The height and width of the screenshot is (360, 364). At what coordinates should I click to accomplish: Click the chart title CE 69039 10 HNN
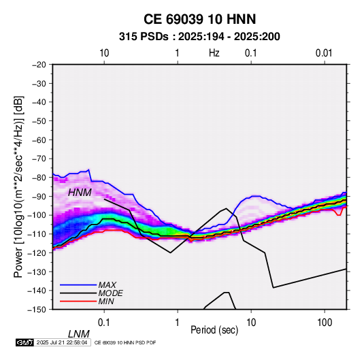point(199,19)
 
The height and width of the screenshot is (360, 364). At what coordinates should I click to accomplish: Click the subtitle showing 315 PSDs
point(199,37)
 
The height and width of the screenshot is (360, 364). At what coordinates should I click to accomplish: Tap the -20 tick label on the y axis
point(39,65)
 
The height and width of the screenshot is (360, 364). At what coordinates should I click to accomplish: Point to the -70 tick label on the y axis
point(39,159)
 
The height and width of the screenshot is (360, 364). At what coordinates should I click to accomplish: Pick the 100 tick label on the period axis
point(325,323)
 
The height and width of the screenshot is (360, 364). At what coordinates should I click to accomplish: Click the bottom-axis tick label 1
point(178,323)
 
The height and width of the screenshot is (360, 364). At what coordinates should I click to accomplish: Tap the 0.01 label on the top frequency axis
point(324,53)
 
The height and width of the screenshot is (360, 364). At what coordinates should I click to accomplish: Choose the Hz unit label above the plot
point(214,53)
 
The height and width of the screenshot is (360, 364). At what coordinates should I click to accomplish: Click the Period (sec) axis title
point(214,330)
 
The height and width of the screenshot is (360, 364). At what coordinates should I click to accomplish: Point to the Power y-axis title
point(18,187)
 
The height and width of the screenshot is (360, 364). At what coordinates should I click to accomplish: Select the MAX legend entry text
point(107,284)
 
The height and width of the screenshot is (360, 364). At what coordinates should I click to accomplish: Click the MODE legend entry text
point(110,293)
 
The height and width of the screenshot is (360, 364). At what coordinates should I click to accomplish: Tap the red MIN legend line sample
point(78,301)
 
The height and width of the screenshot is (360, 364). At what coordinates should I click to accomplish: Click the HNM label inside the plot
point(80,193)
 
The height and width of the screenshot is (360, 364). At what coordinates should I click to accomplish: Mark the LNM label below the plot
point(79,334)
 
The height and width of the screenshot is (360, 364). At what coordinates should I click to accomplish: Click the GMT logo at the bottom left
point(25,342)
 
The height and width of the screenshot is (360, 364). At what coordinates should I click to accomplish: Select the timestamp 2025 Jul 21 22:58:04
point(62,342)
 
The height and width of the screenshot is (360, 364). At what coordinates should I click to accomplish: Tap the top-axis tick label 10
point(104,53)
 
